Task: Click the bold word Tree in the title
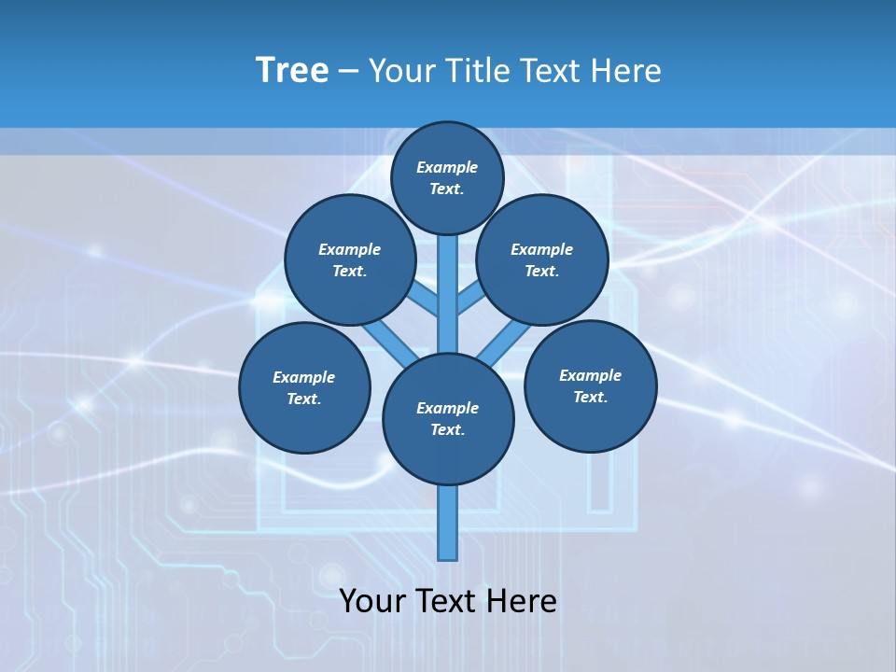292,71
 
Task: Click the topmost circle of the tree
447,177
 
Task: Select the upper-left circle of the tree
350,259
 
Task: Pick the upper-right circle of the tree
542,259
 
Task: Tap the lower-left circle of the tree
304,387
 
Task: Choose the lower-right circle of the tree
590,385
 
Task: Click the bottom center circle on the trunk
448,418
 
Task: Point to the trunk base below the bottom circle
448,523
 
